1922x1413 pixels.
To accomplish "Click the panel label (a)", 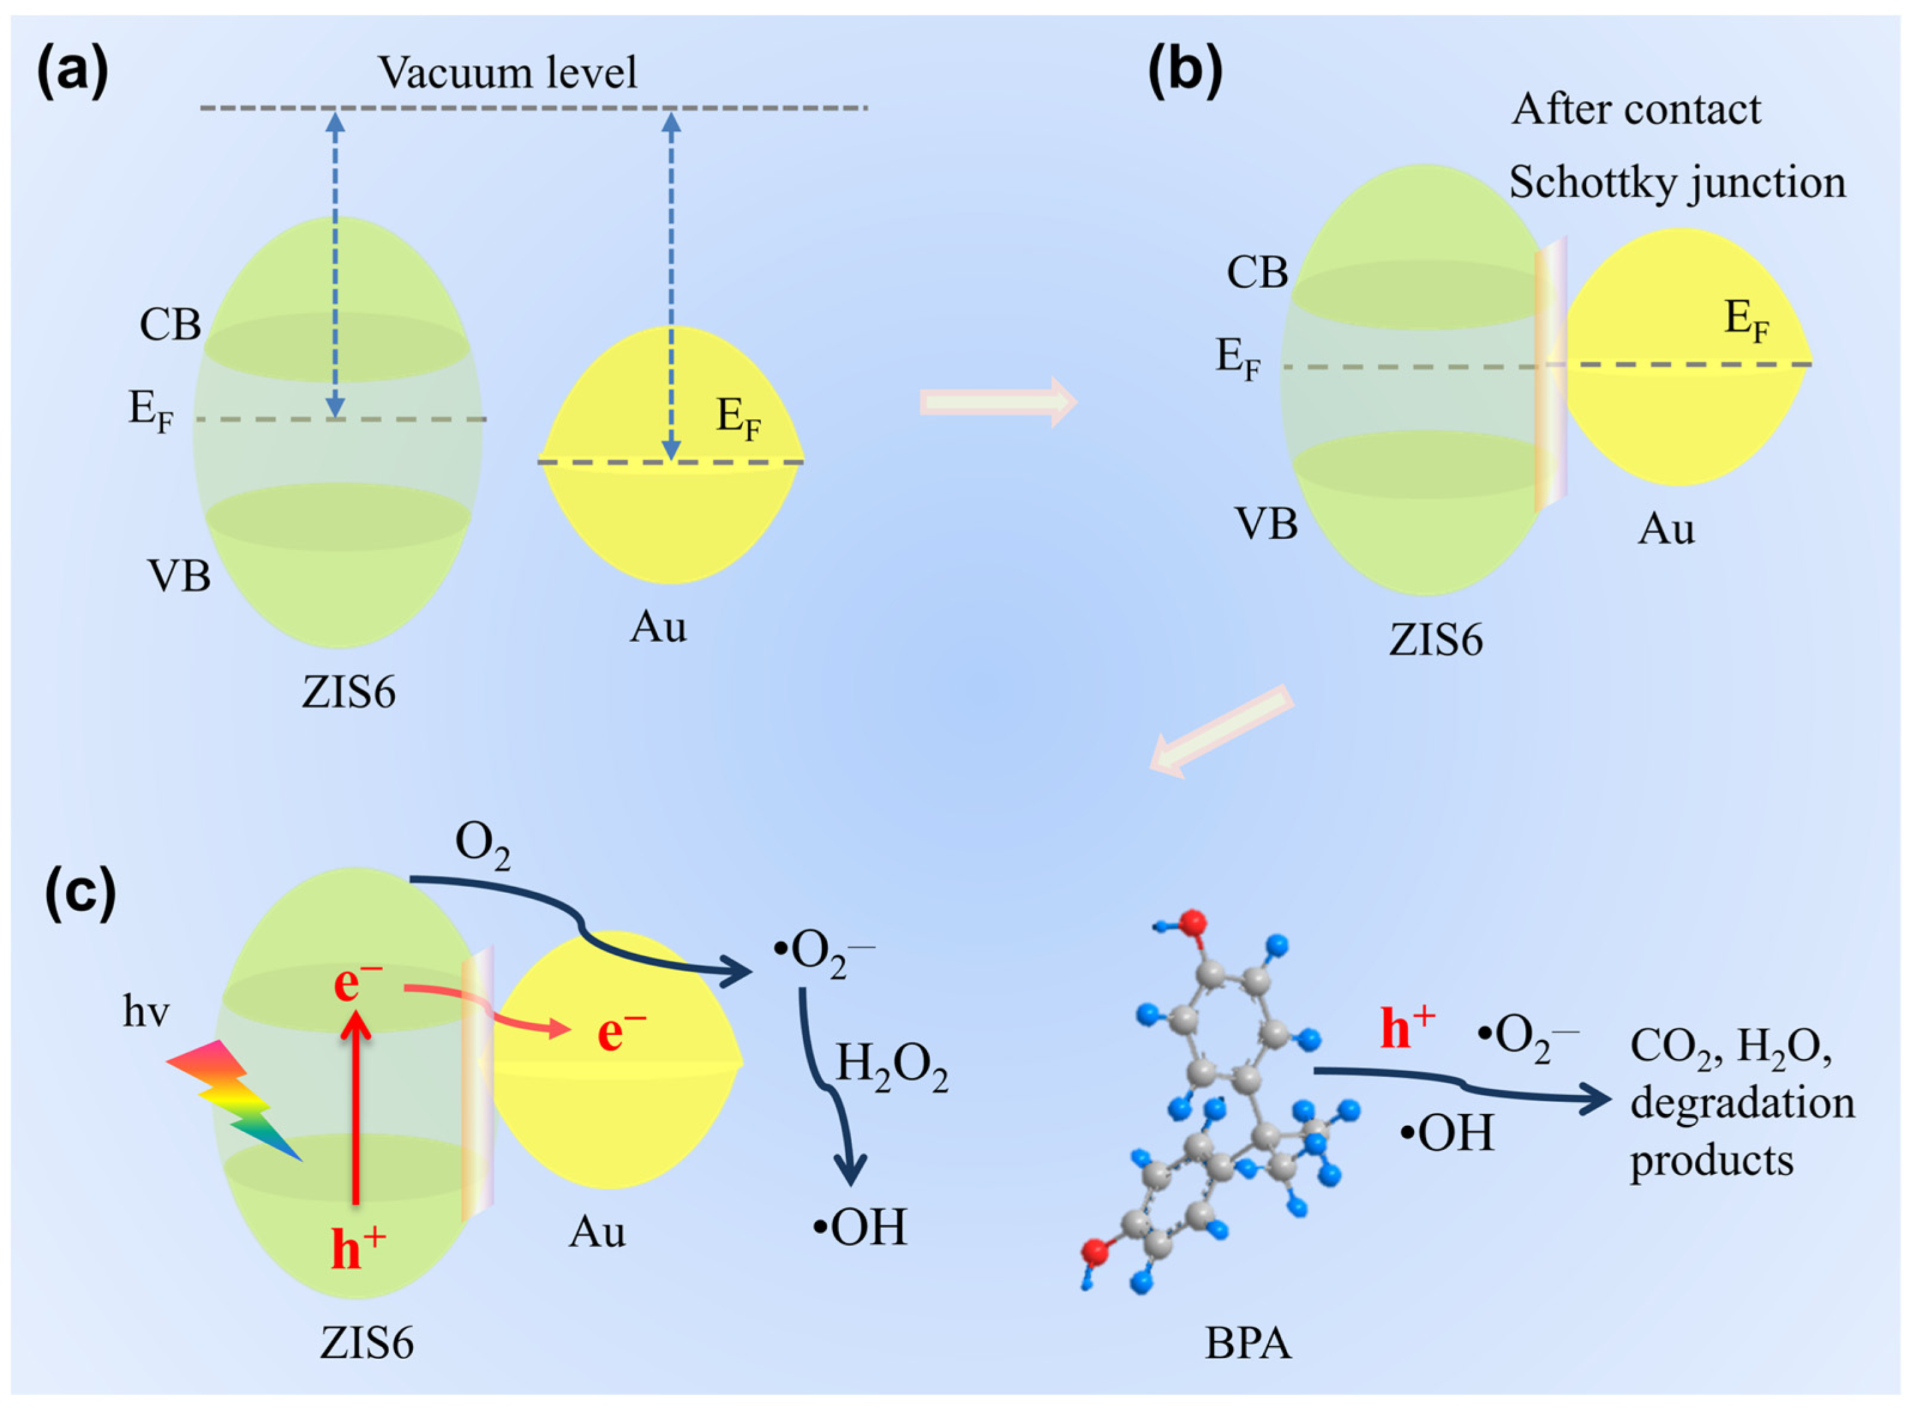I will click(x=72, y=72).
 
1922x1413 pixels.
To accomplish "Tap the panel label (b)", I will click(x=1184, y=72).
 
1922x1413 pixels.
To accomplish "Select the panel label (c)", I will click(x=80, y=893).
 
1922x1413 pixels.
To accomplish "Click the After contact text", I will click(x=1636, y=110).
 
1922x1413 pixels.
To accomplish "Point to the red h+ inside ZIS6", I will click(x=357, y=1250).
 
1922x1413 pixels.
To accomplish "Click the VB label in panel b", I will click(x=1265, y=523).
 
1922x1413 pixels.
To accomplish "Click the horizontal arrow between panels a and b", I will click(x=998, y=401).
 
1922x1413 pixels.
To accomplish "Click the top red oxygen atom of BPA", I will click(x=1191, y=924).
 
